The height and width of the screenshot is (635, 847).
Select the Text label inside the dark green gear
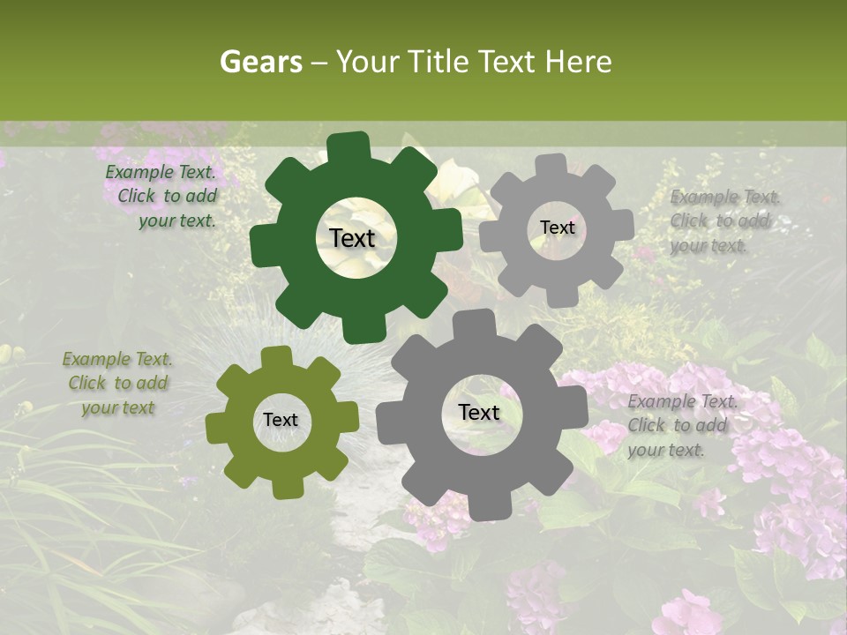tap(353, 238)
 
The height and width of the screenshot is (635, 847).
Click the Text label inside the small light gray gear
tap(557, 228)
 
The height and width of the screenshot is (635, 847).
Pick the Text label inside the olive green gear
tap(281, 421)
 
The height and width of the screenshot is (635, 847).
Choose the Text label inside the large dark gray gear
tap(479, 413)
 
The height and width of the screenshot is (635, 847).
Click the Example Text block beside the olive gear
tap(118, 384)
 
